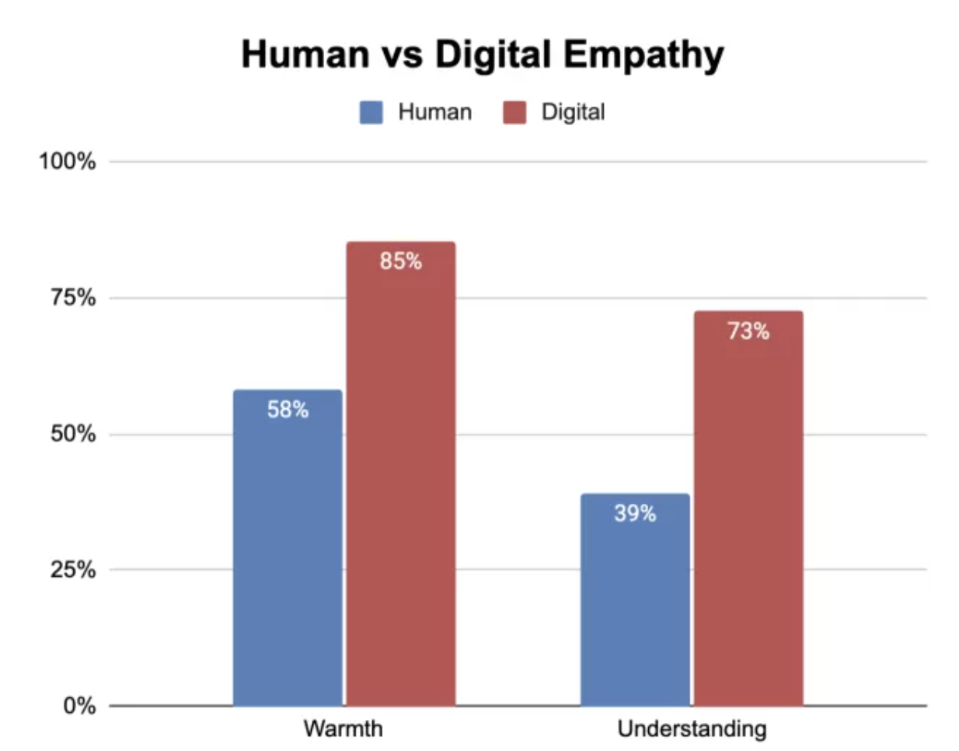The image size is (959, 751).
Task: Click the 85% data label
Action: tap(401, 261)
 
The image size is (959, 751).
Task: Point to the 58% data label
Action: tap(288, 410)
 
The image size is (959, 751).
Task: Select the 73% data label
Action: tap(748, 331)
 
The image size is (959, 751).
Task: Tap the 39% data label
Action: tap(635, 513)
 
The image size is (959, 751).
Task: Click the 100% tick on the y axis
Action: tap(68, 162)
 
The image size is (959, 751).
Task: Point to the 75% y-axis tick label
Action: tap(73, 298)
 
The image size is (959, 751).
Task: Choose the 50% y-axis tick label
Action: tap(73, 434)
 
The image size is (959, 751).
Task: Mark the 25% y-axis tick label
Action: tap(73, 570)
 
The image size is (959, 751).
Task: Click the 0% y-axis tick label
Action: tap(79, 706)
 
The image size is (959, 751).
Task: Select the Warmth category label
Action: tap(343, 729)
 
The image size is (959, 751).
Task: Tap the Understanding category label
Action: tap(692, 729)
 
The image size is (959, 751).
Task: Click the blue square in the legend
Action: tap(371, 113)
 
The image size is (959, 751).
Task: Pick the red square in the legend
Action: tap(514, 113)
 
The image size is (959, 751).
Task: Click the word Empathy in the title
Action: tap(644, 55)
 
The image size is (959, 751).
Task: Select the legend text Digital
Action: tap(573, 113)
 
